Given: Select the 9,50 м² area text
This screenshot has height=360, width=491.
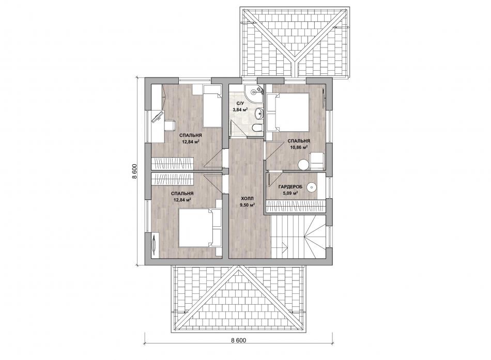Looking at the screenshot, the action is (247, 205).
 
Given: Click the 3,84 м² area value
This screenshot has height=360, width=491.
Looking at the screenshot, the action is (240, 109).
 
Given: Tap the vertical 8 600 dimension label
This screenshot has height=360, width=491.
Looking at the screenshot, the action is (135, 171).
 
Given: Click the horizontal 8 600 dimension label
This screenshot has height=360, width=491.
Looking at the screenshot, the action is (238, 340).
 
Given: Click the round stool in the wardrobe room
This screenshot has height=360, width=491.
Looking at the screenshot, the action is (312, 187).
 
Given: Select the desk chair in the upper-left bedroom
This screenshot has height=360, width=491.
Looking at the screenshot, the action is (170, 125).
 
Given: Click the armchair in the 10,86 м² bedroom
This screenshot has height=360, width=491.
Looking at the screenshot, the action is (317, 160).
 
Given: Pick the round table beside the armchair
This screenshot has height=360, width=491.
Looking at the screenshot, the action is (303, 164).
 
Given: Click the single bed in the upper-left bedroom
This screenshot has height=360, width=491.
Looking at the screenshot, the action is (212, 107).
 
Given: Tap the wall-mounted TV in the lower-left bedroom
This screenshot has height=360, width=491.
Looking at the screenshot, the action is (154, 242).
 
